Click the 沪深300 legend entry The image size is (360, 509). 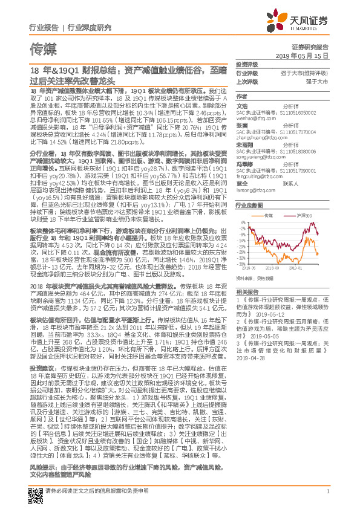click(299, 215)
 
